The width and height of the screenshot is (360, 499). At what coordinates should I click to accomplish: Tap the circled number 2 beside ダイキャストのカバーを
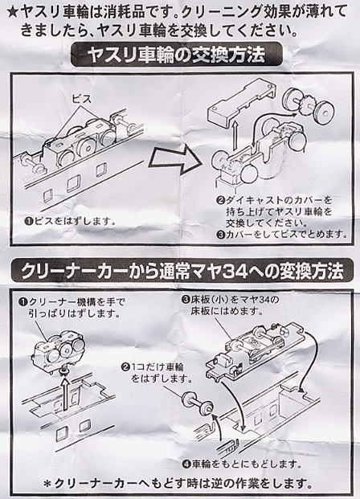click(221, 199)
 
